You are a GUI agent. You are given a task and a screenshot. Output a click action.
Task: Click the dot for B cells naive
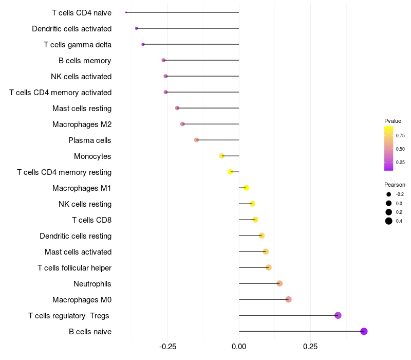click(364, 331)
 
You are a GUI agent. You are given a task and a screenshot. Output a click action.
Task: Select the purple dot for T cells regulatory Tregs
click(338, 315)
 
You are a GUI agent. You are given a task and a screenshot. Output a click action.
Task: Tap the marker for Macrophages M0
click(288, 299)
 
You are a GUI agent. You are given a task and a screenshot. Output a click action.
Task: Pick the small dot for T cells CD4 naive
click(126, 12)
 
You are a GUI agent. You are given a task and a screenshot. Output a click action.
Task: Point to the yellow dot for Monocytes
click(222, 156)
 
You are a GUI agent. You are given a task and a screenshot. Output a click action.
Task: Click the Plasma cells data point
click(196, 140)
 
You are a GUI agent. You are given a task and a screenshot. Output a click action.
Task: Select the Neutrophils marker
click(279, 283)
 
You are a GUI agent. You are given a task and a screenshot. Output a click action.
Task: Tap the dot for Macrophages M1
click(246, 188)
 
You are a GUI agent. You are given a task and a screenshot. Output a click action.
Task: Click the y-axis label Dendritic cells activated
click(71, 29)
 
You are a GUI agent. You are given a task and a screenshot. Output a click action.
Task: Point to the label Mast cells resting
click(82, 109)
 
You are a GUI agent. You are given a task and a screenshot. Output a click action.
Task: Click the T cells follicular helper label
click(74, 268)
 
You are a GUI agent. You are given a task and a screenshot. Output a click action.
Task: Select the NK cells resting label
click(85, 204)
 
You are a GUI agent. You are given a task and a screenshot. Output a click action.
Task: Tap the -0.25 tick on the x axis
click(167, 347)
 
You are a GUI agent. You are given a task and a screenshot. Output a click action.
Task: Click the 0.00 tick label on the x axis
click(239, 347)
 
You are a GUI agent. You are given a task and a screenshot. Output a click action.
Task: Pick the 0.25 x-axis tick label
click(310, 347)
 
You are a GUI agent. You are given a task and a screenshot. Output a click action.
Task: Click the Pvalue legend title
click(393, 121)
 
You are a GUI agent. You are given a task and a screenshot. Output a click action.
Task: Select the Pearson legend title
click(395, 185)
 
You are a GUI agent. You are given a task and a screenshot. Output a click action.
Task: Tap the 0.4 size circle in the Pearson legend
click(389, 221)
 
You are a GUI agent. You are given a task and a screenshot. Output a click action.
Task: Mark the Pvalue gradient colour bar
click(389, 148)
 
